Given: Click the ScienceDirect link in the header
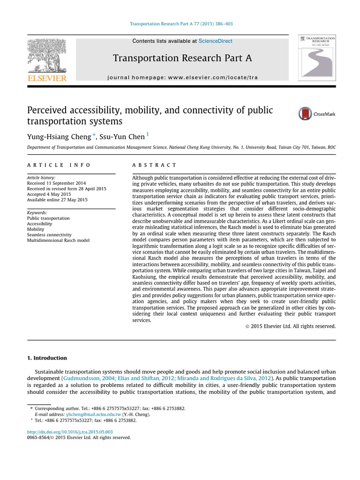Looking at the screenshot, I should pos(215,41).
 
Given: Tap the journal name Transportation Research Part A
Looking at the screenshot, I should pos(182,58).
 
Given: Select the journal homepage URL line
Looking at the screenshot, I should pos(182,77).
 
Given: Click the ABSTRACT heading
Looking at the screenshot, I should pos(154,165).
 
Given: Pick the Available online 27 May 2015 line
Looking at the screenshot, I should pos(57,200).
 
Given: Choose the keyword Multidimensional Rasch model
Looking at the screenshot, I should pos(58,240).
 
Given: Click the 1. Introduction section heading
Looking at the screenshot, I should pos(47,358).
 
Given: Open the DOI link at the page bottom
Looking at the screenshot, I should pos(70,432).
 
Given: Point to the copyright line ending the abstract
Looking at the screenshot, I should pos(290,326).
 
